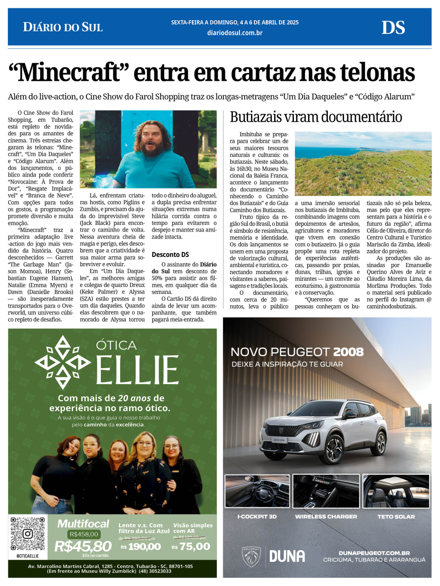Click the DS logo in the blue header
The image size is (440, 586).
(x=393, y=28)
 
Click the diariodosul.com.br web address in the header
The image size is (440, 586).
(x=235, y=33)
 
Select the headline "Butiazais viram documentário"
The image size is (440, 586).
(x=315, y=117)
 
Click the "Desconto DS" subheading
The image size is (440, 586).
(x=170, y=254)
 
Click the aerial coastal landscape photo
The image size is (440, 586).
(x=363, y=163)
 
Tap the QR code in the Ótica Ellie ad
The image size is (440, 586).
(x=28, y=534)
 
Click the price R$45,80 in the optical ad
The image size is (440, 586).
(x=83, y=546)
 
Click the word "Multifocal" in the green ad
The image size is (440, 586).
(x=83, y=524)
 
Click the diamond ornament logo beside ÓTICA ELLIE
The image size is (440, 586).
(x=63, y=362)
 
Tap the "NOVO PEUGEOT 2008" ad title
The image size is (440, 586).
(x=297, y=352)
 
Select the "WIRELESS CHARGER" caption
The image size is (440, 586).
(x=326, y=517)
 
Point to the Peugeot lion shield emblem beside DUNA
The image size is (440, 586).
(x=251, y=557)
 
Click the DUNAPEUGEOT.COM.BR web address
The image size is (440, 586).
(x=374, y=553)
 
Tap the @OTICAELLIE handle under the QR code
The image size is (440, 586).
(x=28, y=556)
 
